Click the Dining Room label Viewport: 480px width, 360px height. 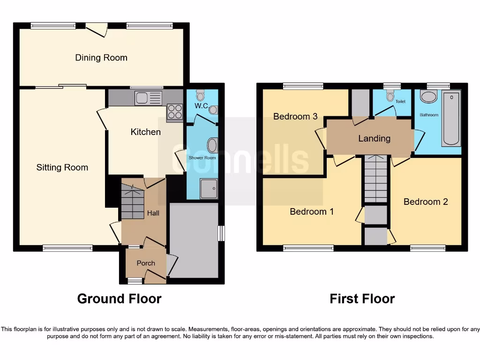point(101,58)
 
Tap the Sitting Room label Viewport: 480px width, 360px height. point(62,167)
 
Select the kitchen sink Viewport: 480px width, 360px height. point(148,98)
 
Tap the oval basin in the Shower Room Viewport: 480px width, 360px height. point(212,145)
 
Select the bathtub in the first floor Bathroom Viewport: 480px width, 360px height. point(452,118)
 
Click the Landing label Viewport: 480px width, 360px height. point(374,138)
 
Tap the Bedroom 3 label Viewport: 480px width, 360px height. point(295,116)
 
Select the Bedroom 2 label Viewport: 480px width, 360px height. point(426,202)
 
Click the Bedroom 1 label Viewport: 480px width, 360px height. point(312,211)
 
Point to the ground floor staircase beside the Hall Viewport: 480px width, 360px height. point(132,202)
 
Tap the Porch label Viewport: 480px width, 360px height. point(146,263)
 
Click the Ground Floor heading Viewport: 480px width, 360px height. point(119,299)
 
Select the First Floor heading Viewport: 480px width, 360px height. point(362,299)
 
